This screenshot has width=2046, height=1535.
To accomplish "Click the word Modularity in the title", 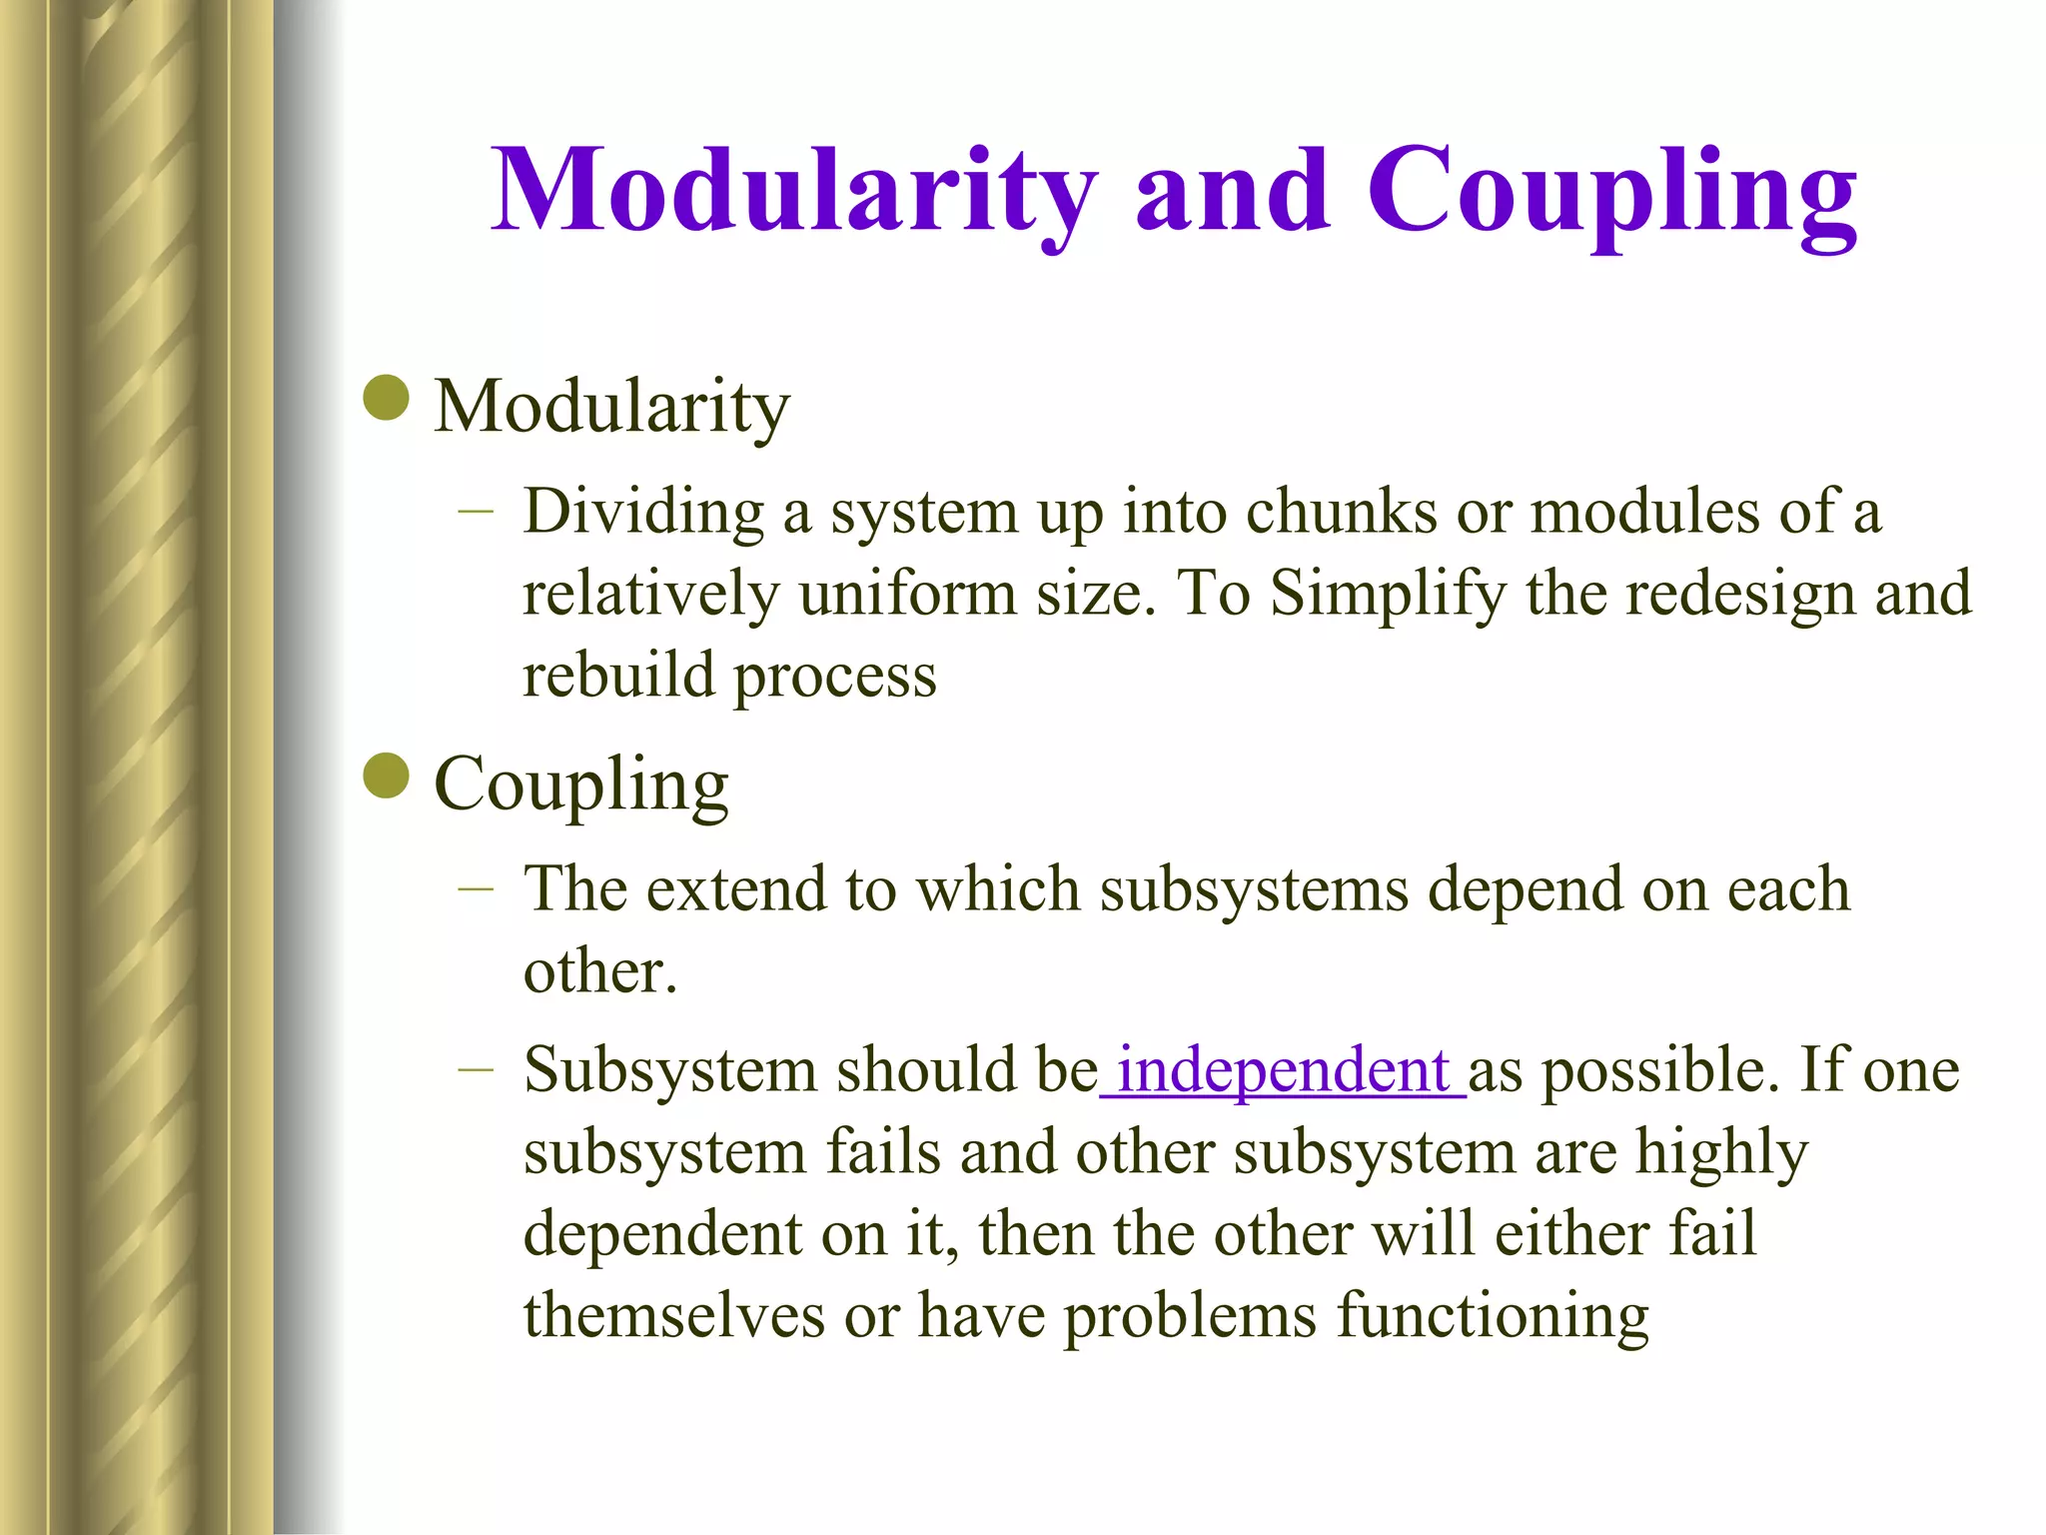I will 794,191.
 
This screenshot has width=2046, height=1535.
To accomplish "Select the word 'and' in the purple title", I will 1232,191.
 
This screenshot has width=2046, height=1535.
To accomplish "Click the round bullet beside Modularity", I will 387,399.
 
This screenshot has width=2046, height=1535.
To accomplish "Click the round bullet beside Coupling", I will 387,776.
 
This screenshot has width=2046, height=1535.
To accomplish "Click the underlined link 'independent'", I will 1283,1070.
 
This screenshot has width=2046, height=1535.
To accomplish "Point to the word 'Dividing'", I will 643,513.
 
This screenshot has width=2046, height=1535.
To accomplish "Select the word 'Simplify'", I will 1387,594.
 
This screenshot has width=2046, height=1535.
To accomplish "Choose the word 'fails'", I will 882,1151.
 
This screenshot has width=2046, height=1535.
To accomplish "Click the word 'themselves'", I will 674,1314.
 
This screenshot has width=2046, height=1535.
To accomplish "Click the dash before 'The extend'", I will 477,887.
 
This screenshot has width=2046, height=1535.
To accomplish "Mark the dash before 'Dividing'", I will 477,512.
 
